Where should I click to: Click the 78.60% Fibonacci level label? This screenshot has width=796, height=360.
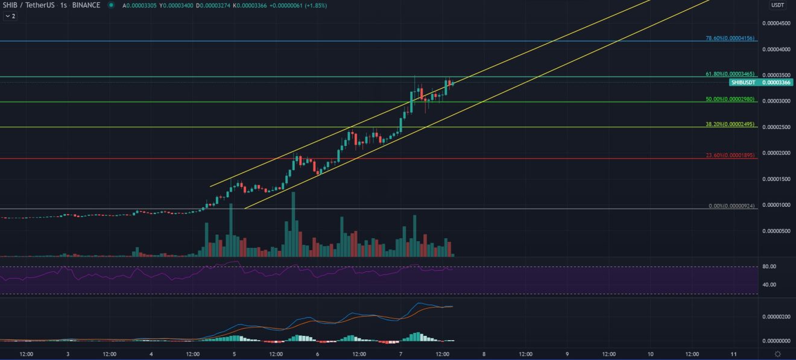tap(730, 38)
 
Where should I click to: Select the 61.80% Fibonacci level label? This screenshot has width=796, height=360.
tap(730, 74)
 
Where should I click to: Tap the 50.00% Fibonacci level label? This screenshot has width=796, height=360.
tap(730, 98)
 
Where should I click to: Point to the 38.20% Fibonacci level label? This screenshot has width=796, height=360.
tap(730, 124)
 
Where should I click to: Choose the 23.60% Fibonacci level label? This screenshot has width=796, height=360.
tap(730, 155)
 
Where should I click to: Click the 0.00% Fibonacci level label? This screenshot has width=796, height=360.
tap(731, 206)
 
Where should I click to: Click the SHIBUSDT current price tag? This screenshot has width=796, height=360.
tap(743, 82)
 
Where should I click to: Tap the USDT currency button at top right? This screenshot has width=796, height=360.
tap(777, 5)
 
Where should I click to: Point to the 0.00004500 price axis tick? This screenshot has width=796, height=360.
tap(777, 24)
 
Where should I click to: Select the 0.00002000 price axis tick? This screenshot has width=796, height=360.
tap(777, 153)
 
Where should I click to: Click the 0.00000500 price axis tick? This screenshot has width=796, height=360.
tap(777, 231)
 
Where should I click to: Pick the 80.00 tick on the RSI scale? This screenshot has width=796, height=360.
tap(768, 267)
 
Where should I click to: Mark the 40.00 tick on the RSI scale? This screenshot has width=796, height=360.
tap(768, 285)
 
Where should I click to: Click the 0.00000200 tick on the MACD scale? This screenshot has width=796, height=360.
tap(777, 317)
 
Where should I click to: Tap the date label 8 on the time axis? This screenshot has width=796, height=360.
tap(484, 354)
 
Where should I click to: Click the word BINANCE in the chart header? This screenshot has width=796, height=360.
tap(86, 5)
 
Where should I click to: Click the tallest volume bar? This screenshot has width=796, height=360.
tap(293, 224)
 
